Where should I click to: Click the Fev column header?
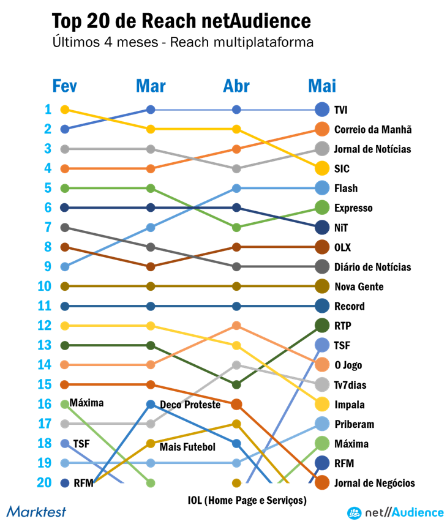(64, 86)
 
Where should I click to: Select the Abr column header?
(236, 86)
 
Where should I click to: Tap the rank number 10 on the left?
(44, 286)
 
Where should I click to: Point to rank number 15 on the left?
(44, 384)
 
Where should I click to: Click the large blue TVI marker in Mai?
(322, 110)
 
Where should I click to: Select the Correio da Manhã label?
(372, 129)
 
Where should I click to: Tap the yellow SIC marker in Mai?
(322, 168)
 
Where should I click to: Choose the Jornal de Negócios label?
(374, 483)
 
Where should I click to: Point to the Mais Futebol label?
(187, 447)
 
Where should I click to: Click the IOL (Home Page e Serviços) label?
(247, 500)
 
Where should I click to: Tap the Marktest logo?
(36, 511)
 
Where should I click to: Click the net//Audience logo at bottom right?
(396, 512)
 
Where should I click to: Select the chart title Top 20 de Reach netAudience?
(181, 21)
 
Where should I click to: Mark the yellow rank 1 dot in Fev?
(65, 110)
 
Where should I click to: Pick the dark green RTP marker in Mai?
(322, 326)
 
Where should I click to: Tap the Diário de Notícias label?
(372, 267)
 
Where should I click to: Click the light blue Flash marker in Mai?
(322, 188)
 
